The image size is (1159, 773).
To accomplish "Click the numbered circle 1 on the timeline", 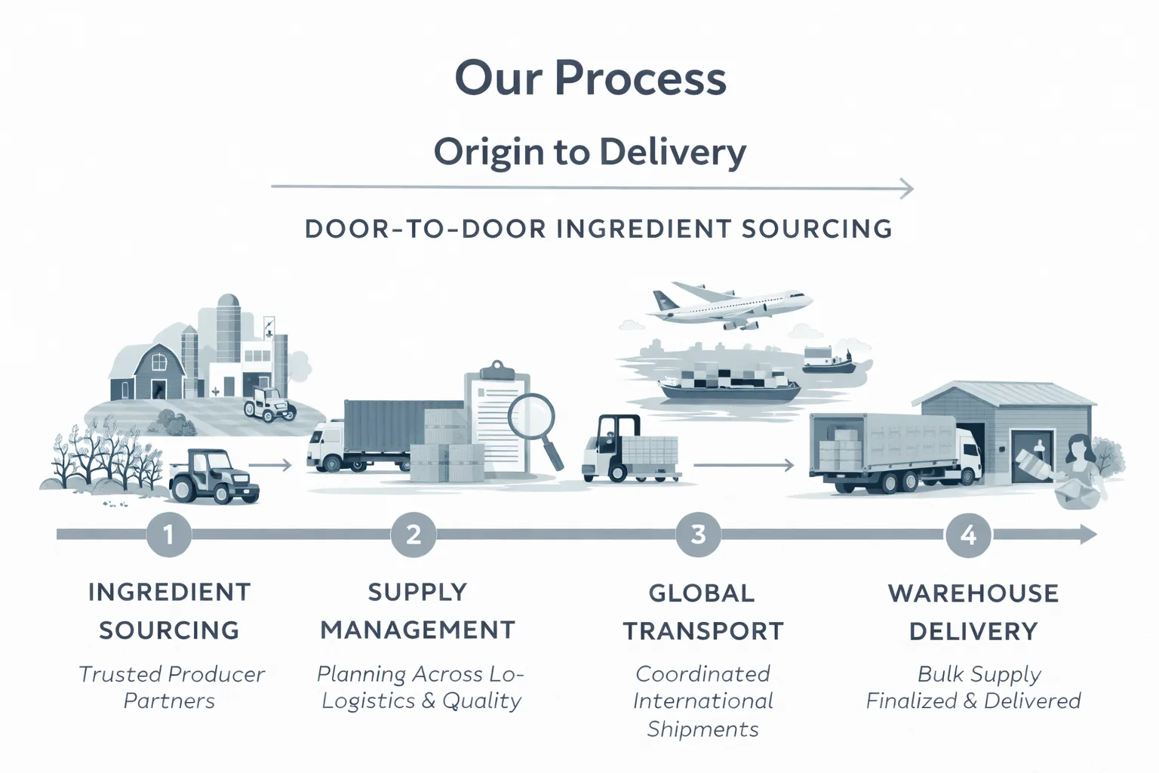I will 168,534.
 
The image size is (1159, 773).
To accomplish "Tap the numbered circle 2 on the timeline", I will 413,534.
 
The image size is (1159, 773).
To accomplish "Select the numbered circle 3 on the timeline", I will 698,534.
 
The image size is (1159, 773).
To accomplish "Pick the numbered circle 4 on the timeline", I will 968,534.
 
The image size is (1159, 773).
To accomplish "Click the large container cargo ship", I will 728,383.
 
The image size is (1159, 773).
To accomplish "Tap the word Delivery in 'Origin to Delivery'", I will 673,152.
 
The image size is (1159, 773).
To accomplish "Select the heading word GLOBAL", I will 701,593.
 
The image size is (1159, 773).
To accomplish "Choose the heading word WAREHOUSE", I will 973,593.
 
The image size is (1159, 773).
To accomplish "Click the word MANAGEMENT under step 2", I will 417,630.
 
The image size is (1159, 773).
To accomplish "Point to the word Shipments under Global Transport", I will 702,729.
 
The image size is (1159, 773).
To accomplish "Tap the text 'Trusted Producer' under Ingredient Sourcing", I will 171,674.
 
